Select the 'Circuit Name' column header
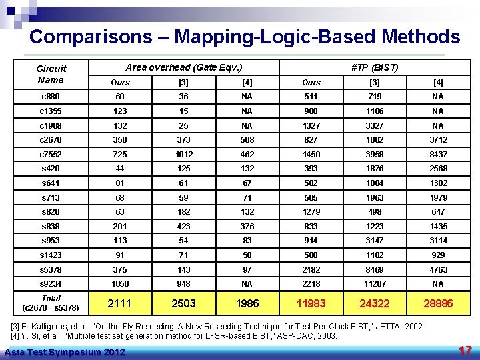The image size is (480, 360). coord(51,74)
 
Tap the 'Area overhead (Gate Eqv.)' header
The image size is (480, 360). coord(184,67)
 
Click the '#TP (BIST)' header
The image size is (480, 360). coord(374,67)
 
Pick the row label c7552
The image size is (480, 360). coord(51,155)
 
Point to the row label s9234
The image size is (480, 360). coord(51,284)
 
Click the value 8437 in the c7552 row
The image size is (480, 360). coord(438,155)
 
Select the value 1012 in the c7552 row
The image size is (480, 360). coord(183,155)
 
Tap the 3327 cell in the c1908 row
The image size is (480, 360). coord(375,125)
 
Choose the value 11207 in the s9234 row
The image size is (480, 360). coord(375,284)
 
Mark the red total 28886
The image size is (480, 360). coord(438,303)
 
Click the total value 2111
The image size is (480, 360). coord(119,303)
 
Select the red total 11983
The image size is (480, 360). coord(311,303)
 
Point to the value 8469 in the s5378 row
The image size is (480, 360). coord(375,270)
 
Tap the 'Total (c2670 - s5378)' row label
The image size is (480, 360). coord(51,303)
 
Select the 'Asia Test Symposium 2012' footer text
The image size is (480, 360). coord(64,352)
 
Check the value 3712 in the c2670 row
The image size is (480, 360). coord(438,140)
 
